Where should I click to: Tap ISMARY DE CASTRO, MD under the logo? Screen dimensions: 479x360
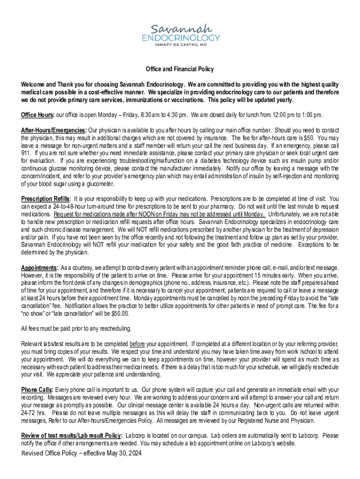click(180, 45)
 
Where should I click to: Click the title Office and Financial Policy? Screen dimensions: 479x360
click(180, 69)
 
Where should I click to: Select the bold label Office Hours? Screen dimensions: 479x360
click(37, 115)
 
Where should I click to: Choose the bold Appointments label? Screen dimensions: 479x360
click(39, 268)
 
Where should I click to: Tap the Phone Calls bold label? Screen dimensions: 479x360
click(37, 390)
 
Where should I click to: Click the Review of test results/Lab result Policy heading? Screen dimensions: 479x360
click(72, 435)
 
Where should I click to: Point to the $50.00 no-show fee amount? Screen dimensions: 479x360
click(119, 313)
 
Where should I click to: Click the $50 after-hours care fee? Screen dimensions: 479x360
click(308, 138)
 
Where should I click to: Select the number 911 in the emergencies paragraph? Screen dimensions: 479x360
click(26, 153)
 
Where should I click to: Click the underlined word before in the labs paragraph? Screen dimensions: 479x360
click(137, 344)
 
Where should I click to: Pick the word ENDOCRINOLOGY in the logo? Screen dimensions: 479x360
click(180, 37)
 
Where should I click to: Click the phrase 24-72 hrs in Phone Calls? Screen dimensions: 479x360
click(33, 413)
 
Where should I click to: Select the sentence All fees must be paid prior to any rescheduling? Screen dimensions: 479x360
click(76, 329)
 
